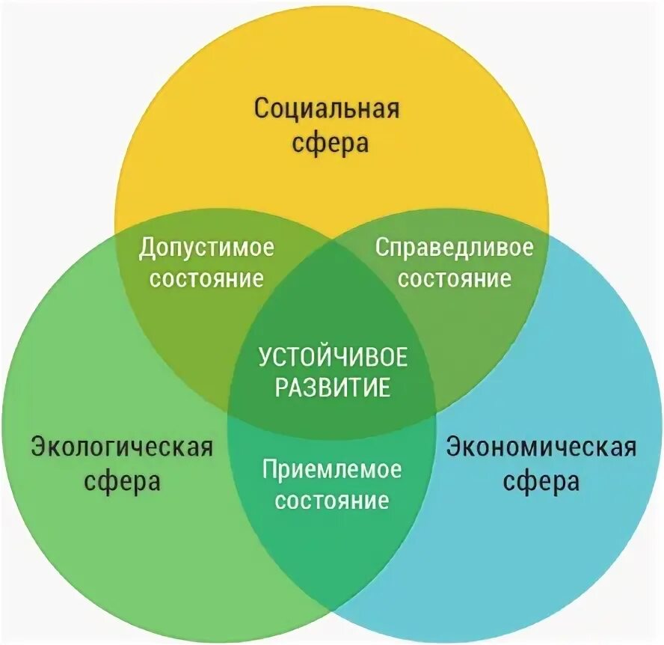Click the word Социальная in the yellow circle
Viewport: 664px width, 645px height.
tap(328, 108)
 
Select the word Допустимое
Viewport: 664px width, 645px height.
tap(206, 248)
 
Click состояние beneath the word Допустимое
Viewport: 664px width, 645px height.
tap(206, 278)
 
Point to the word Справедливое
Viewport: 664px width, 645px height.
tap(455, 248)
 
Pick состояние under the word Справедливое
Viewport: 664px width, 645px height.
tap(455, 278)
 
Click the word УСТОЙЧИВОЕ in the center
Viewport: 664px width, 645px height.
tap(333, 357)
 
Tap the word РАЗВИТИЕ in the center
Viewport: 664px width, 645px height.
tap(333, 388)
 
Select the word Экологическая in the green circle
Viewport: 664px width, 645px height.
tap(122, 447)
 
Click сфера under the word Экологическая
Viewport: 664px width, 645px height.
tap(123, 480)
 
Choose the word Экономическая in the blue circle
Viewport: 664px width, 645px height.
tap(541, 447)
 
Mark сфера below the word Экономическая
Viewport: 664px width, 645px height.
tap(541, 480)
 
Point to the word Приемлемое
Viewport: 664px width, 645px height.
tap(332, 470)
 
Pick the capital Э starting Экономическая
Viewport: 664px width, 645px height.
tap(454, 447)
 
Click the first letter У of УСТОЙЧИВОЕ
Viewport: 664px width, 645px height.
tap(265, 357)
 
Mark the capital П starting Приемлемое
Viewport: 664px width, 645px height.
tap(269, 469)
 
